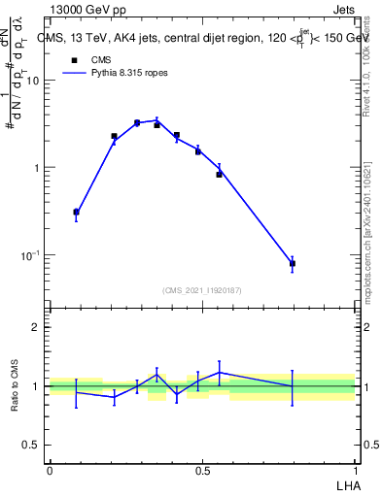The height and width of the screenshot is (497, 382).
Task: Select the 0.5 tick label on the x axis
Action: coord(202,469)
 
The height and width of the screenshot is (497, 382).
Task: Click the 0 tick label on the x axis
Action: coord(50,469)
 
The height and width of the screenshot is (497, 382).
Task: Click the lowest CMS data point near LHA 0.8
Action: coord(293,263)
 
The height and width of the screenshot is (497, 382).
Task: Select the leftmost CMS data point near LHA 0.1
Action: coord(77,212)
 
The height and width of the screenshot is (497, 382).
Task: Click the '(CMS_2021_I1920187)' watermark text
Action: coord(201,289)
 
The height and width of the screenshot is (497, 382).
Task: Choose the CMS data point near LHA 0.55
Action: coord(219,175)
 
